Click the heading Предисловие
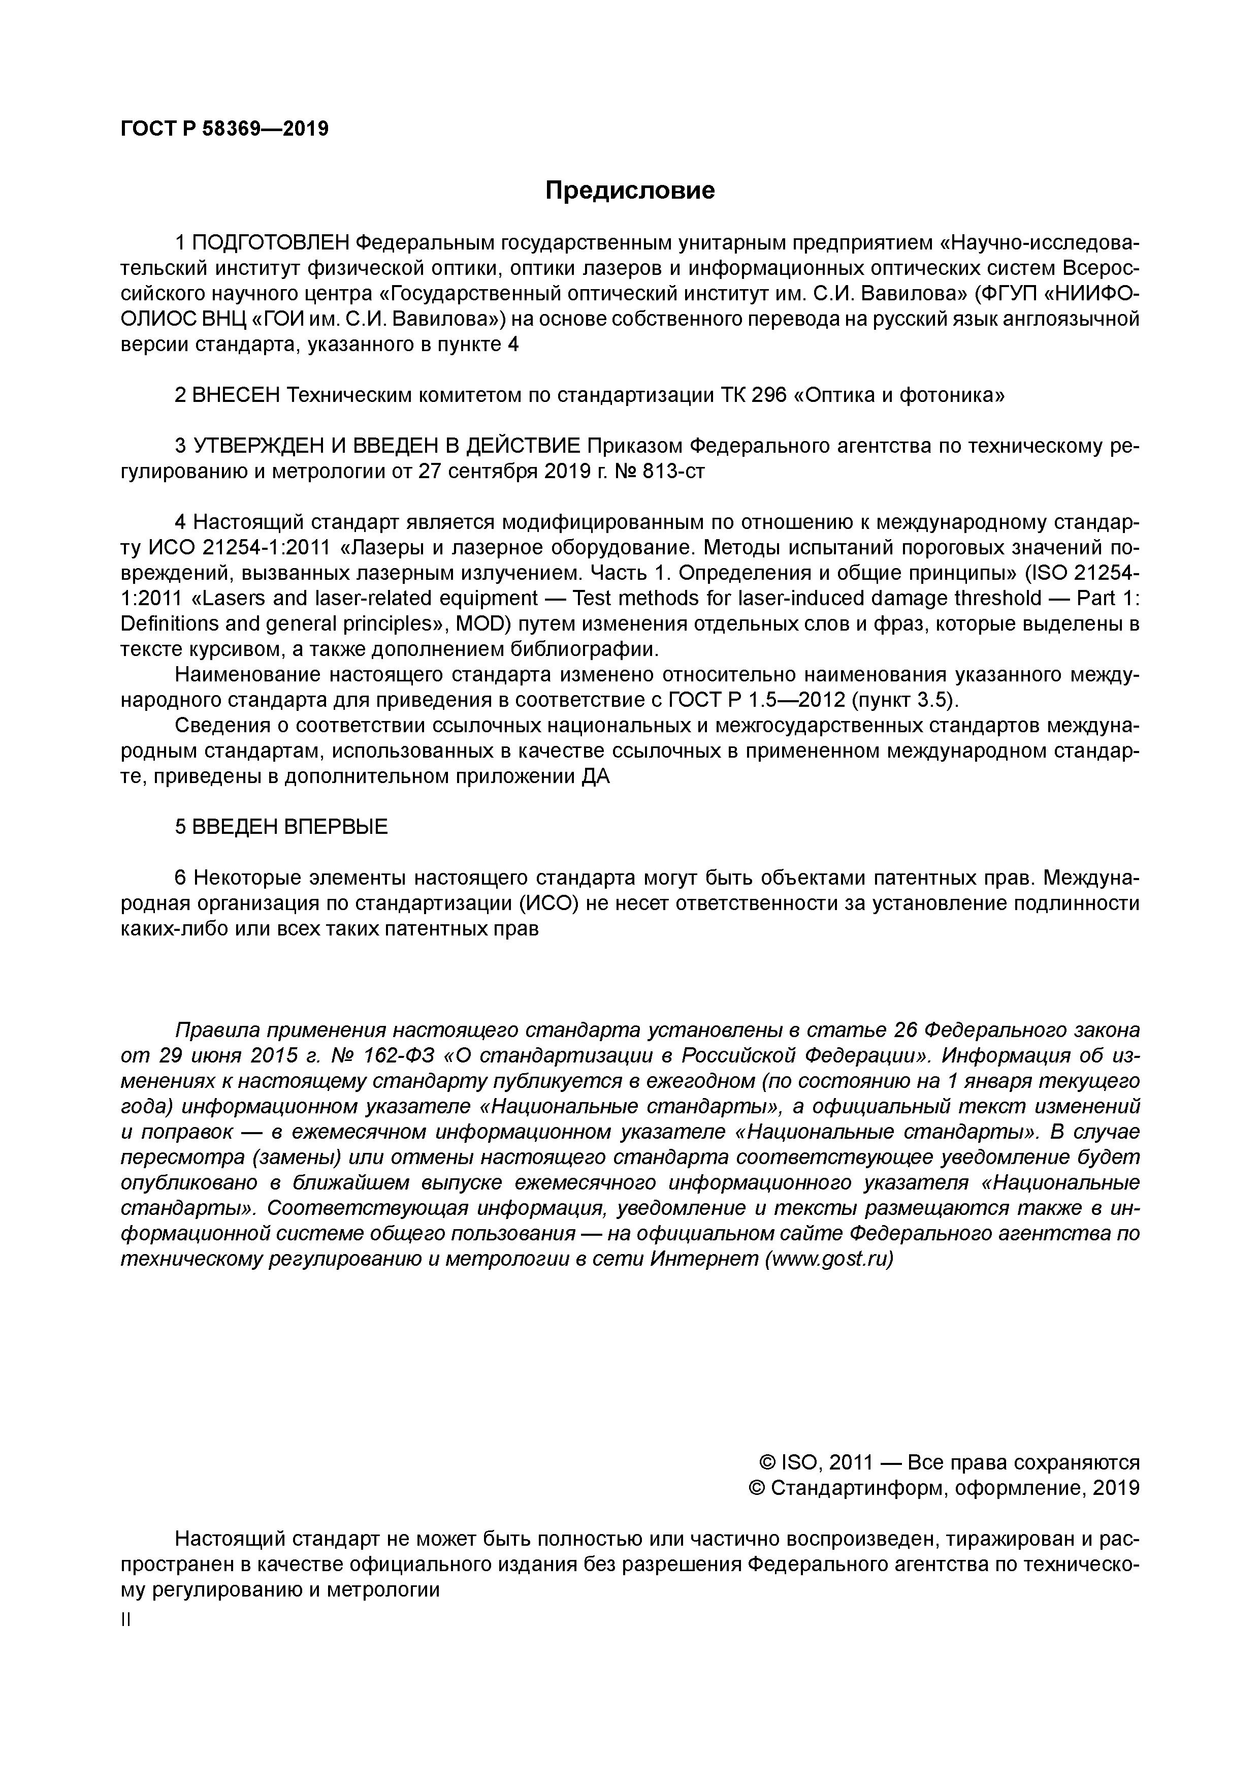coord(629,190)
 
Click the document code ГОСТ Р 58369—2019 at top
coord(225,129)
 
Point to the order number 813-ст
coord(674,471)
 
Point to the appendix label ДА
coord(596,776)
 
